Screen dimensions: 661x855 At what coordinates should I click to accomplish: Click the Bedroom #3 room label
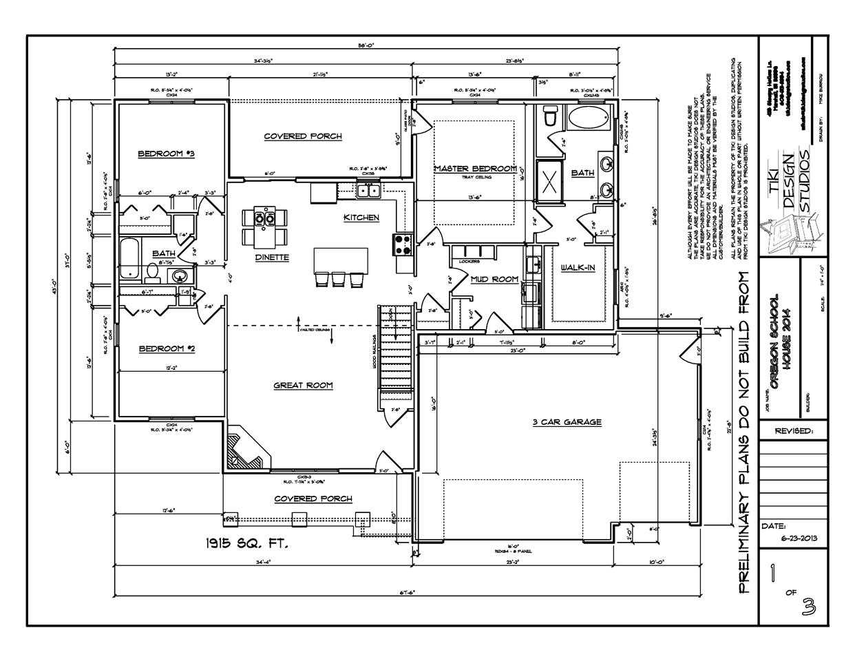pos(166,154)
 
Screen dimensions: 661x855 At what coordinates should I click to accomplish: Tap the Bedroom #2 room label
pos(167,349)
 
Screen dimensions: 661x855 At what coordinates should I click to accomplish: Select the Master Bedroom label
pos(475,169)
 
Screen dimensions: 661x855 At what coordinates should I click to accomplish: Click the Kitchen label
pos(361,218)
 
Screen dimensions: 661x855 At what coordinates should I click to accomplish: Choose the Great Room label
pos(303,386)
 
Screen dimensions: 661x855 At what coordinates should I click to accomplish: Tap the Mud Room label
pos(494,279)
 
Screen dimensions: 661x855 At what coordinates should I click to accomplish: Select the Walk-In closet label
pos(577,267)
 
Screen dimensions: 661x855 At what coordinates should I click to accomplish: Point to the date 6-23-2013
pos(793,538)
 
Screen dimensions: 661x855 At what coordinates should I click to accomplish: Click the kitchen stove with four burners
pos(402,242)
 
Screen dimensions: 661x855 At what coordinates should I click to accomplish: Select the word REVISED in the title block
pos(793,431)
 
